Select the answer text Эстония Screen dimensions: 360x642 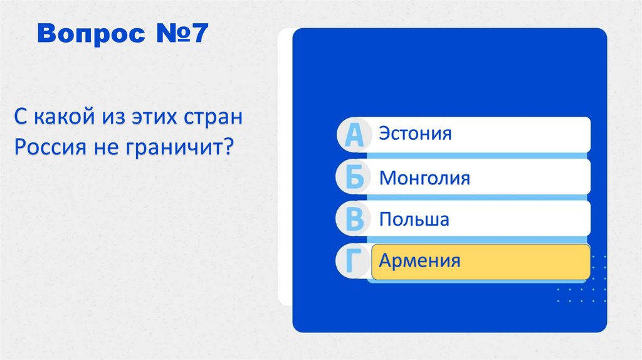tap(415, 134)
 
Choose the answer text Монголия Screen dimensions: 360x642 tap(424, 178)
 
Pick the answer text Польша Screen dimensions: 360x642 tap(414, 220)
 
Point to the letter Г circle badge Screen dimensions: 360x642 tap(354, 262)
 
